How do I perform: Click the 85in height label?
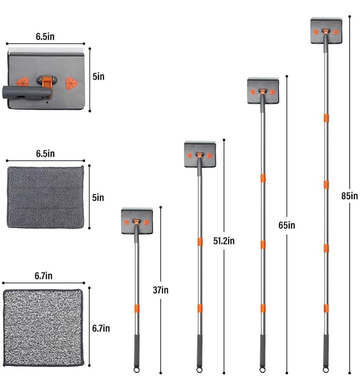click(349, 196)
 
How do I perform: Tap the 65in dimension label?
click(287, 225)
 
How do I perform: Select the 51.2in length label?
click(224, 241)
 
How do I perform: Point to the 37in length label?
click(161, 290)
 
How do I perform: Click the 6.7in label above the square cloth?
click(44, 276)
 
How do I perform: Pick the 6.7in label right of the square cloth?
click(101, 328)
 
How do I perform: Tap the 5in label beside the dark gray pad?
click(98, 198)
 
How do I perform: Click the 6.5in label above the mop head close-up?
click(45, 37)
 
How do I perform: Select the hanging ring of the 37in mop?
click(136, 370)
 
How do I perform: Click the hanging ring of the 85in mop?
click(326, 370)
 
